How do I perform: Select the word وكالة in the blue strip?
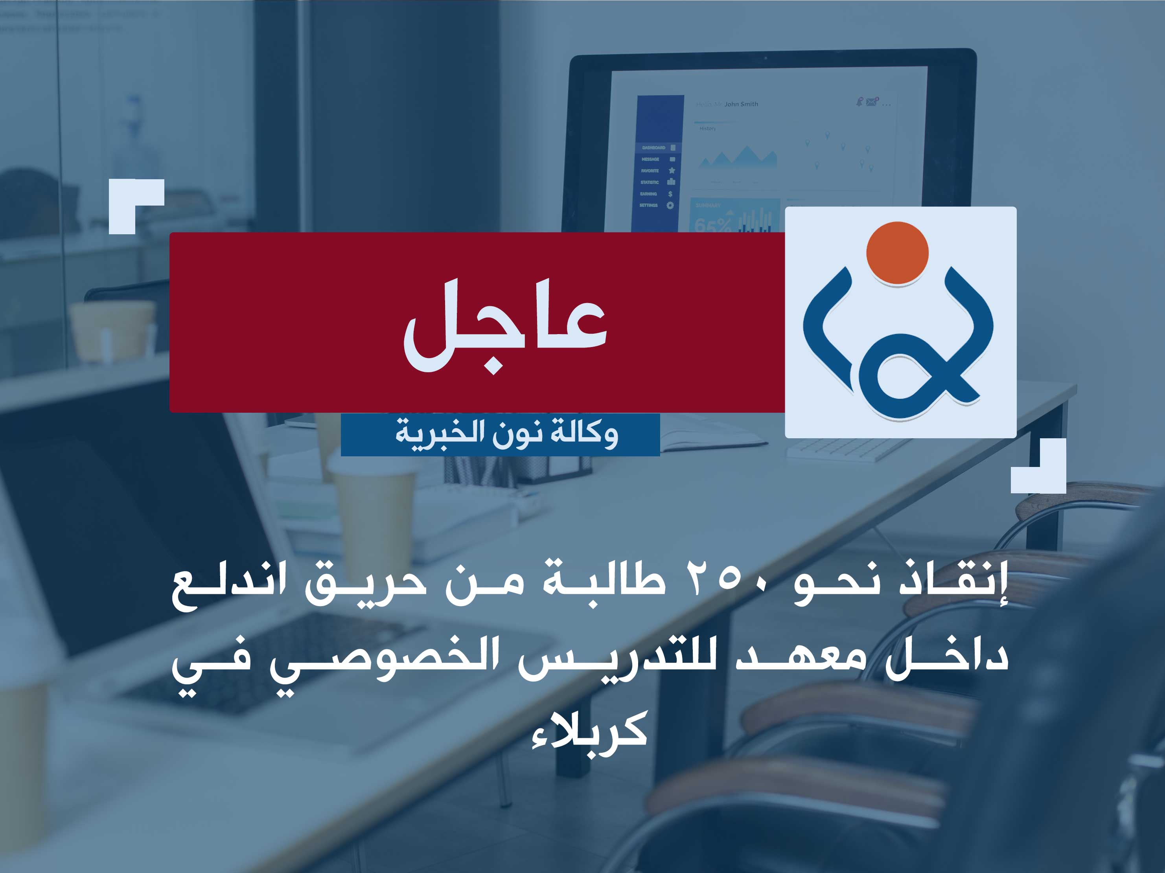coord(584,434)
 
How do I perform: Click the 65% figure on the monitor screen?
coord(712,225)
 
